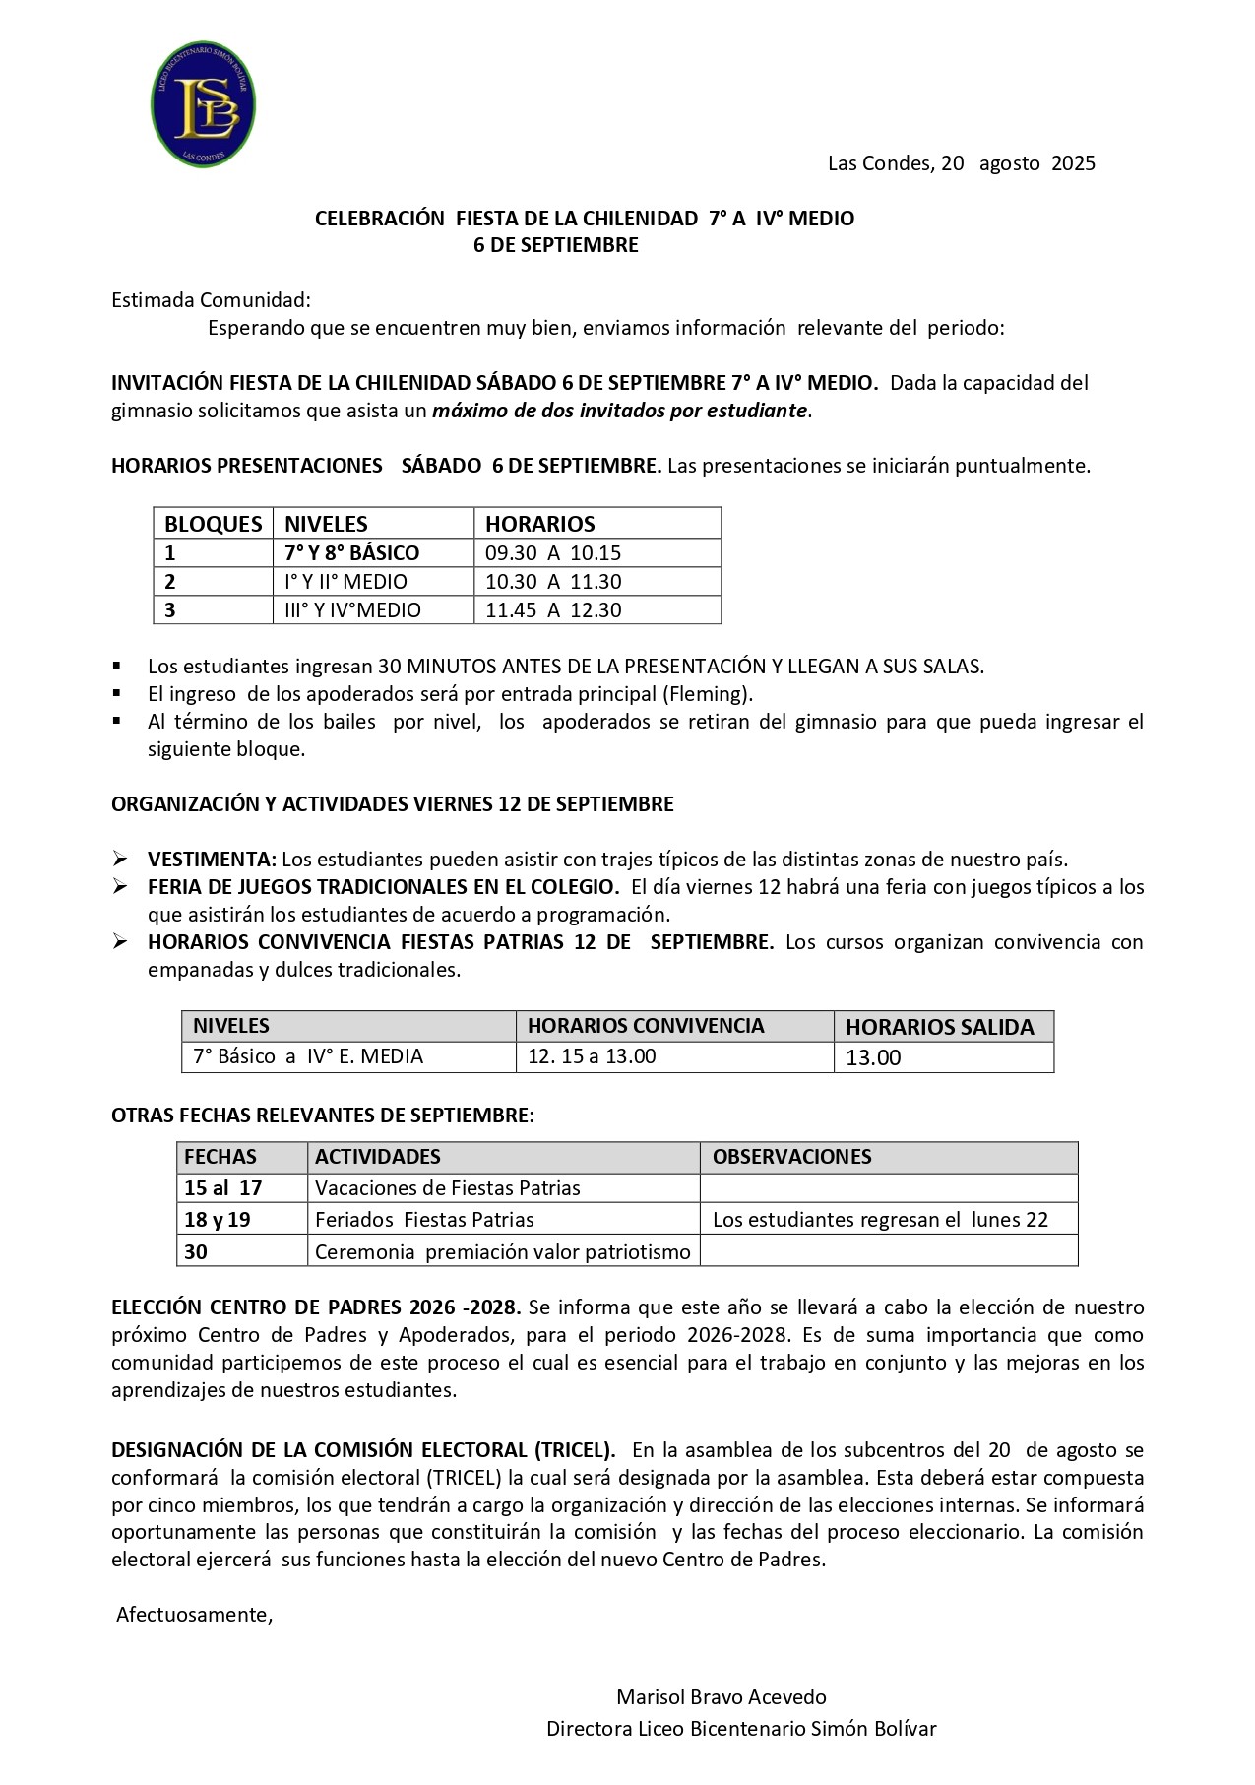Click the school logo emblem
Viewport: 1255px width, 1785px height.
point(204,104)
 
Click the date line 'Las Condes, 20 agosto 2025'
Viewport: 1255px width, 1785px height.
point(961,163)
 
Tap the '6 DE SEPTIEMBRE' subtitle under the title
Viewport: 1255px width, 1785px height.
point(555,245)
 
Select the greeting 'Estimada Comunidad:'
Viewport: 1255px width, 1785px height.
point(211,300)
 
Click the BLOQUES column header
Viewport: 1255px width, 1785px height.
point(213,524)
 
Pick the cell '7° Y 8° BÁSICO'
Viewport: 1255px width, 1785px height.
point(351,553)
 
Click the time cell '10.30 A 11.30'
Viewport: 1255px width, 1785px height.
point(553,582)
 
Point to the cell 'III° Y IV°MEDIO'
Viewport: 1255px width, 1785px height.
point(352,610)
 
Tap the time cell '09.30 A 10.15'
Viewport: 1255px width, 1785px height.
point(553,553)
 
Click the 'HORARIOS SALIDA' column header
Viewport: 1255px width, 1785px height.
point(939,1027)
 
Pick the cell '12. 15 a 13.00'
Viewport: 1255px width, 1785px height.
point(592,1056)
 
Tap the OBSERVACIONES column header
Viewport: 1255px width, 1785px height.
point(791,1157)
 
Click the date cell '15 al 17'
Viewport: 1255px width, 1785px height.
point(223,1188)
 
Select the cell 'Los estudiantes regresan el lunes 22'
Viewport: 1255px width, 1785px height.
point(880,1220)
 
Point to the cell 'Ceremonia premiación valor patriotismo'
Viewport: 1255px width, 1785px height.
point(502,1252)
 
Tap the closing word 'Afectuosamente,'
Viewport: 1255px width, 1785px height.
point(194,1615)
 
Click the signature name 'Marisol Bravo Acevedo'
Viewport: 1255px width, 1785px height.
point(721,1697)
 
